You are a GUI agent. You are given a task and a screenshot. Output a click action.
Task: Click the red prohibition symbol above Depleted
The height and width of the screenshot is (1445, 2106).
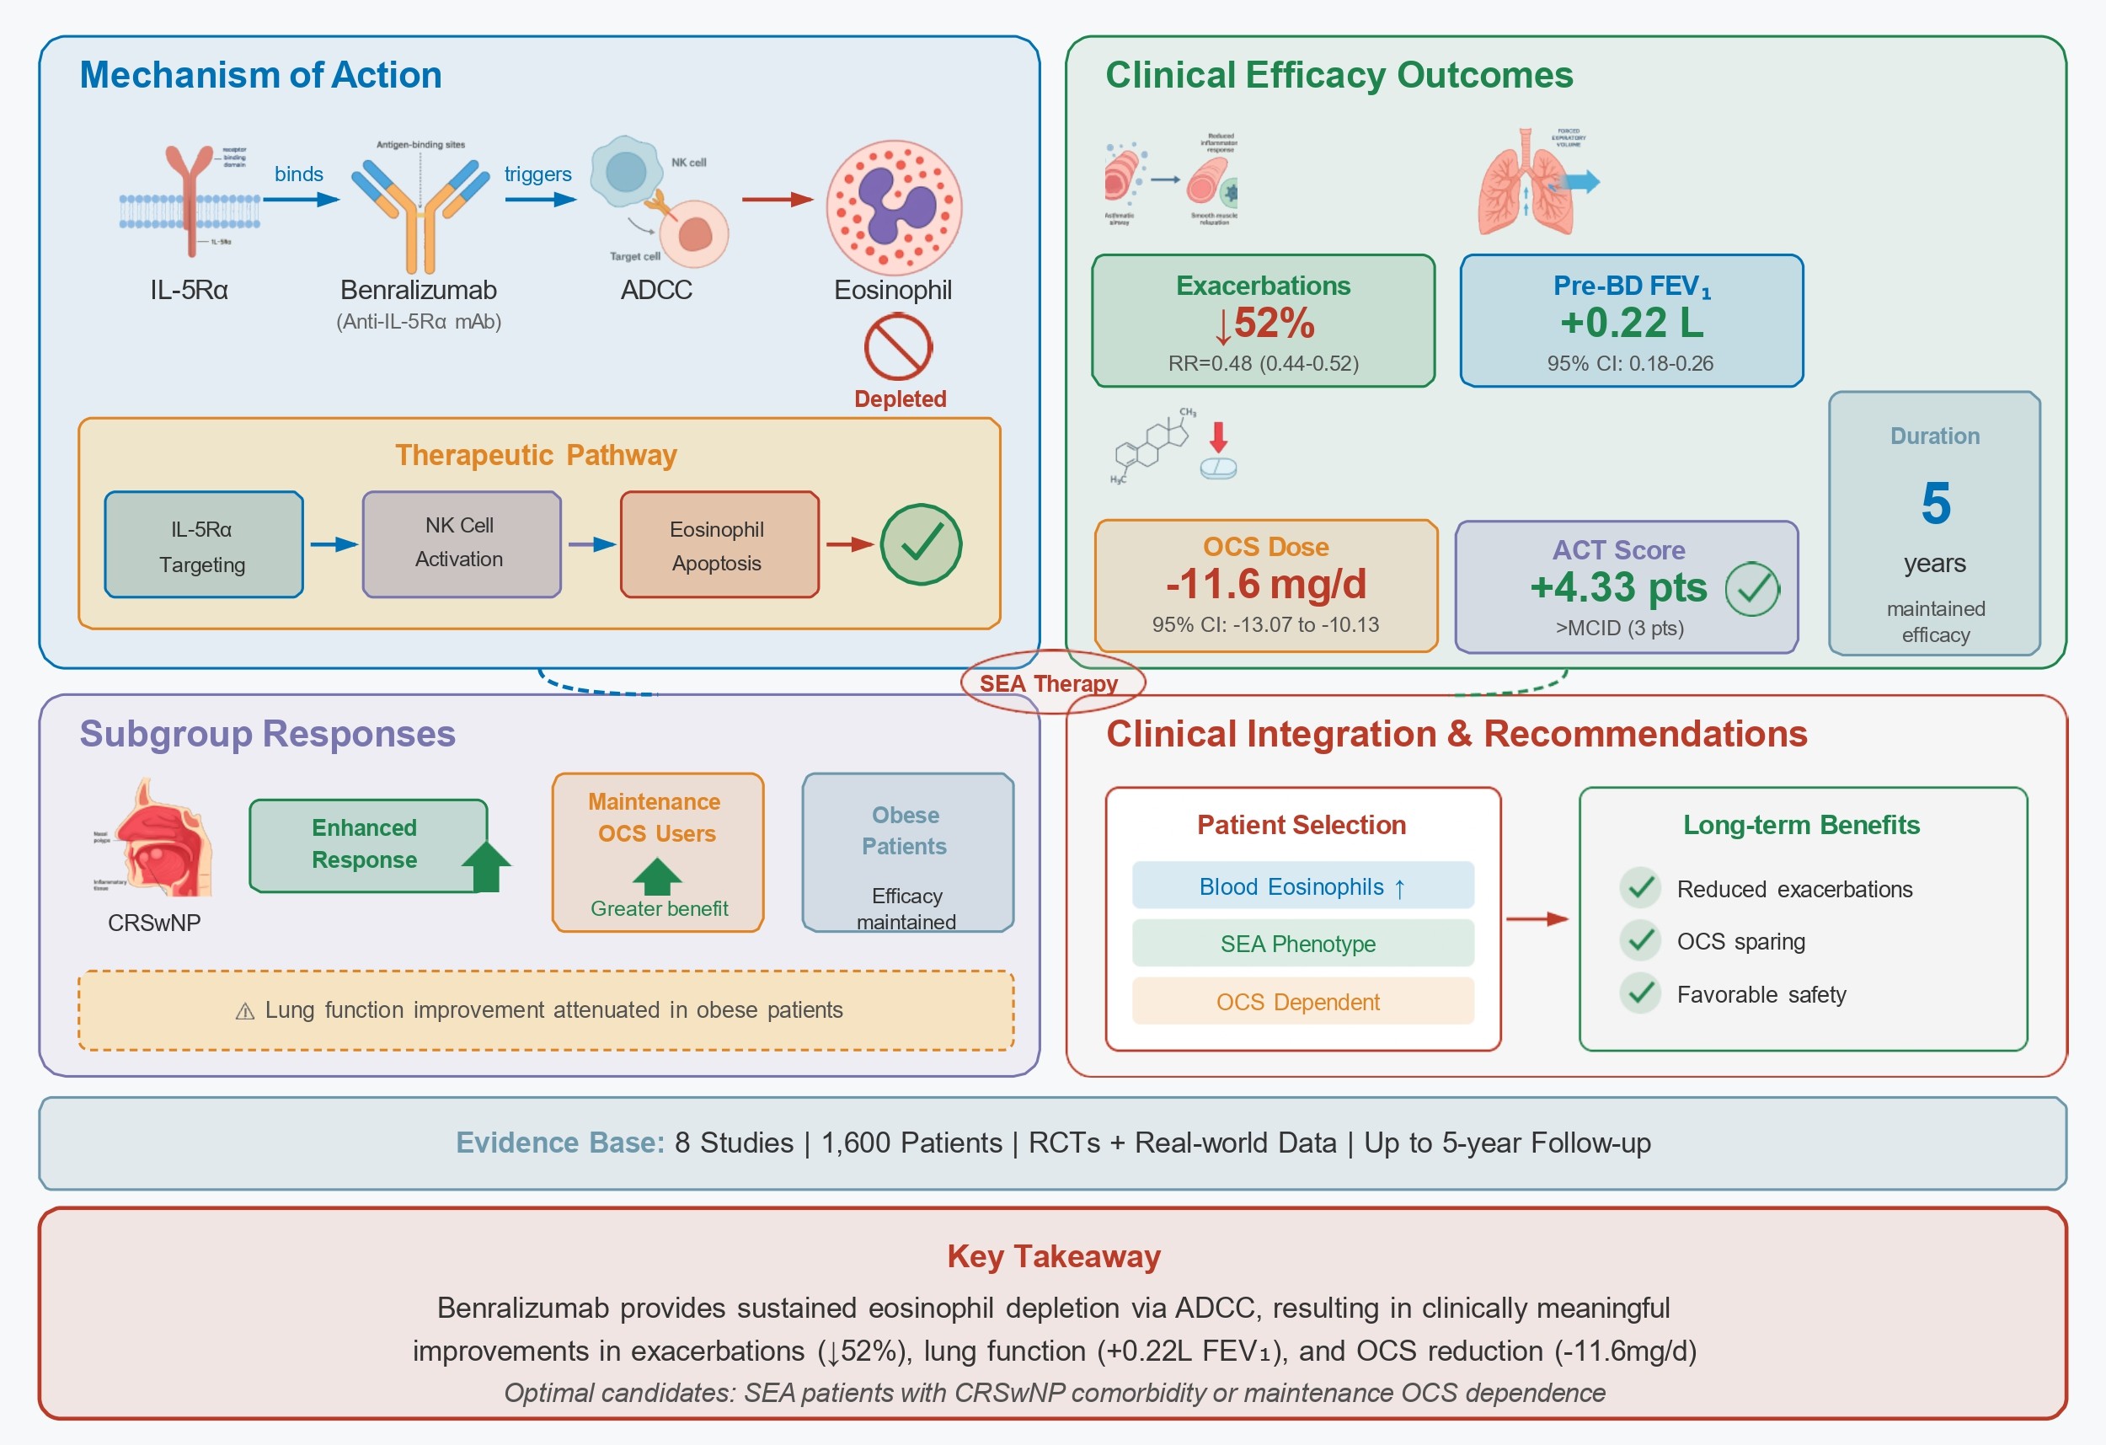897,346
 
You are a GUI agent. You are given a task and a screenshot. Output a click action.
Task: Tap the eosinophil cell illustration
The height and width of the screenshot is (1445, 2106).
894,207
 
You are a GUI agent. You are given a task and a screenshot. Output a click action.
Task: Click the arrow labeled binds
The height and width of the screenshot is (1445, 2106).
301,200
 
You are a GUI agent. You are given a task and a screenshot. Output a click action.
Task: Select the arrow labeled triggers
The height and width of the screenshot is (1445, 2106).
540,200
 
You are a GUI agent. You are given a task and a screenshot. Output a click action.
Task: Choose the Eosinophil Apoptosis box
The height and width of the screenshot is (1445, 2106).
719,545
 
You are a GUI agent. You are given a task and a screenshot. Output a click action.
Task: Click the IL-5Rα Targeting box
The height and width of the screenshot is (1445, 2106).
204,545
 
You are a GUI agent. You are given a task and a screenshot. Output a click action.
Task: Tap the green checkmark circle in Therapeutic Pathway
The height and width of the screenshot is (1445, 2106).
921,544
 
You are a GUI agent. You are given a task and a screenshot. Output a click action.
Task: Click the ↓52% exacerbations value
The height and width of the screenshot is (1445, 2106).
1264,324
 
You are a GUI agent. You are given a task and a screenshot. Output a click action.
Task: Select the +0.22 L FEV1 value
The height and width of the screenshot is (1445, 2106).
1631,323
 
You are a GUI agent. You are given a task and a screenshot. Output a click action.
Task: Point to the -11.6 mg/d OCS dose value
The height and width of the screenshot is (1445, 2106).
1266,584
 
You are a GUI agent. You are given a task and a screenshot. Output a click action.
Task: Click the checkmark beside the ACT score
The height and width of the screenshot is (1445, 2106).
1751,589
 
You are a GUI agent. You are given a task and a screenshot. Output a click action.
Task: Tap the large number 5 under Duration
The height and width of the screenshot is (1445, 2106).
1935,503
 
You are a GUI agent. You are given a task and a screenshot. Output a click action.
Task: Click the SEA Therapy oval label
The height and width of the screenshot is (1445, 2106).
1052,682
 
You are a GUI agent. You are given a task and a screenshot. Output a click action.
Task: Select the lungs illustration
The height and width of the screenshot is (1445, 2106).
1528,184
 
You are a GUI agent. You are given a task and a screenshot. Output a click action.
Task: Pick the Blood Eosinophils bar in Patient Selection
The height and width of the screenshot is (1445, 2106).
1302,886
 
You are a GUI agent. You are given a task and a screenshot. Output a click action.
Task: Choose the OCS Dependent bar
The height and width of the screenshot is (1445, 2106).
1302,1002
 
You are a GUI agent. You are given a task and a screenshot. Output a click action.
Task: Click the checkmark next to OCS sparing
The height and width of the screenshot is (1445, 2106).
1639,940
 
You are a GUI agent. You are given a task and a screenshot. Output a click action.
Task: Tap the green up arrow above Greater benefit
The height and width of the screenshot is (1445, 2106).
657,875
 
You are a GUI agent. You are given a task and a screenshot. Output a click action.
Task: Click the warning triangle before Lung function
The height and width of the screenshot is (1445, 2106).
244,1011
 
